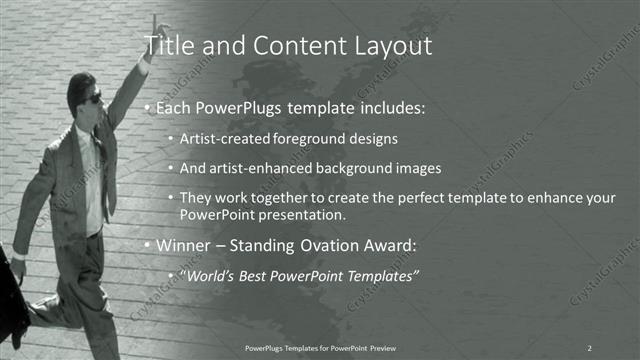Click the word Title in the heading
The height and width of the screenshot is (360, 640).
pyautogui.click(x=165, y=46)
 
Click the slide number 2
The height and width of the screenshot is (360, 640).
pyautogui.click(x=589, y=346)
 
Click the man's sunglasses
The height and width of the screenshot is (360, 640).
pyautogui.click(x=93, y=98)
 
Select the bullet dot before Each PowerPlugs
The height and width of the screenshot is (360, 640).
pyautogui.click(x=148, y=106)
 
